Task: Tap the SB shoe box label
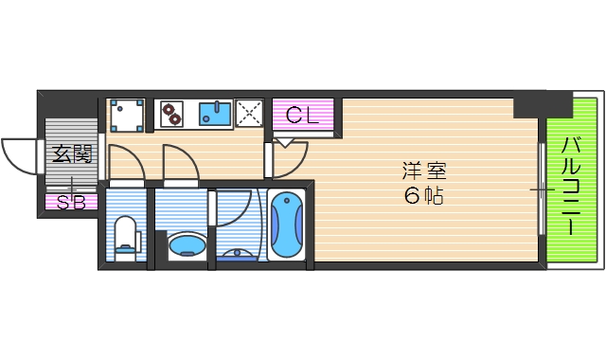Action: point(70,201)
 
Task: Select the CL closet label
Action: point(303,117)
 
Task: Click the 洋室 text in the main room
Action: point(423,172)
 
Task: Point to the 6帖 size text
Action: point(423,197)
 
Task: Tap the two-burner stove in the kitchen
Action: point(173,114)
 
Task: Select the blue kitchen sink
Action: point(216,115)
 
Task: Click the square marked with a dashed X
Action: point(251,114)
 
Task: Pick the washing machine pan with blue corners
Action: point(127,115)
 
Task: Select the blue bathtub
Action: point(286,225)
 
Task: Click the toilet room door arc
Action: point(127,163)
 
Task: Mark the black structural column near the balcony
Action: point(542,103)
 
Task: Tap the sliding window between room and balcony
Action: point(542,189)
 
